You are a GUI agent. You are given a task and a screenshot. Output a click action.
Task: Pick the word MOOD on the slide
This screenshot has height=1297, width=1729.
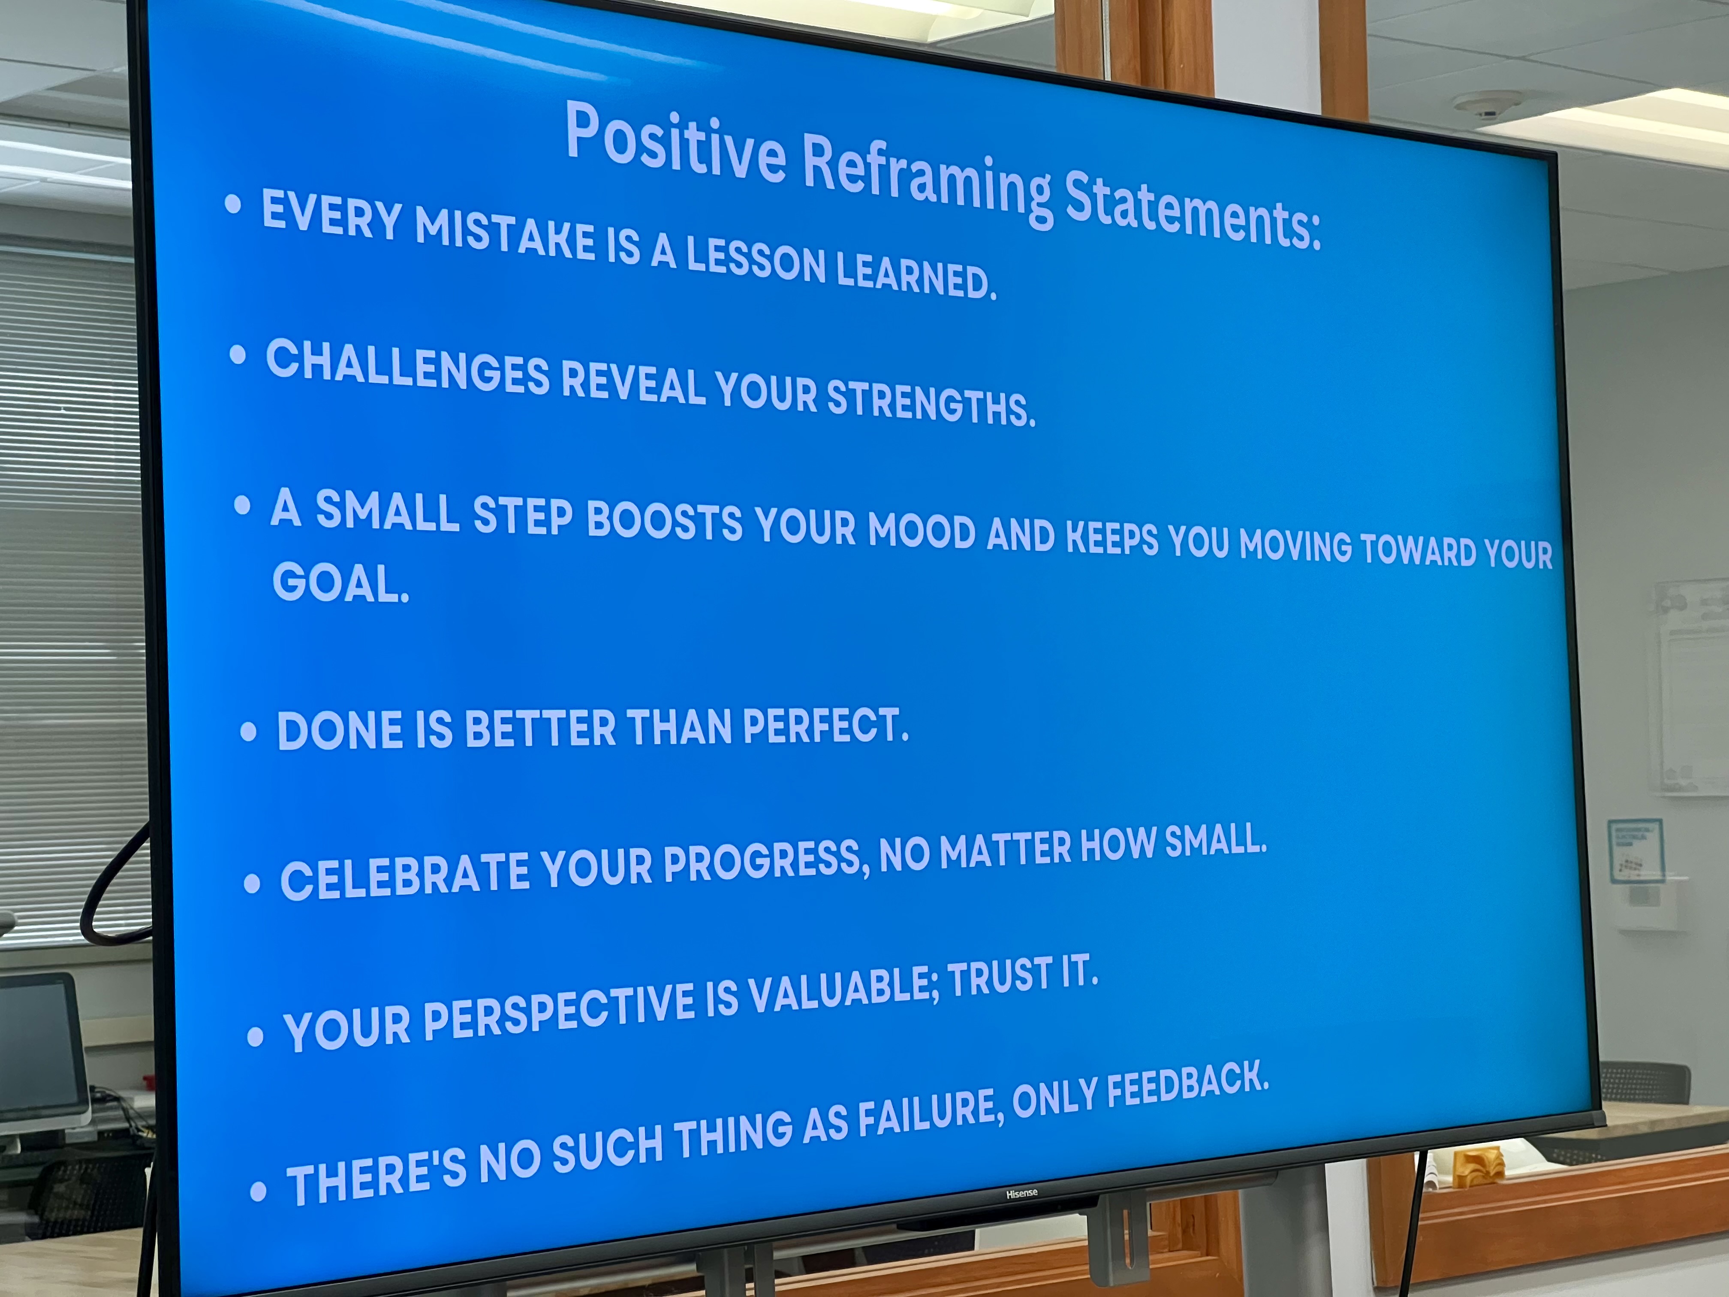922,531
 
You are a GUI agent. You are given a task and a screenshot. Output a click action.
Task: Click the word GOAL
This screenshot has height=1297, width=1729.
340,582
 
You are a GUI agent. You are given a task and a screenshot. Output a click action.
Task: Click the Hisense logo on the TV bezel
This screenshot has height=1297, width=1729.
1021,1194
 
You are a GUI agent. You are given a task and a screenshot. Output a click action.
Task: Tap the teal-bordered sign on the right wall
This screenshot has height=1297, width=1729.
1635,851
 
